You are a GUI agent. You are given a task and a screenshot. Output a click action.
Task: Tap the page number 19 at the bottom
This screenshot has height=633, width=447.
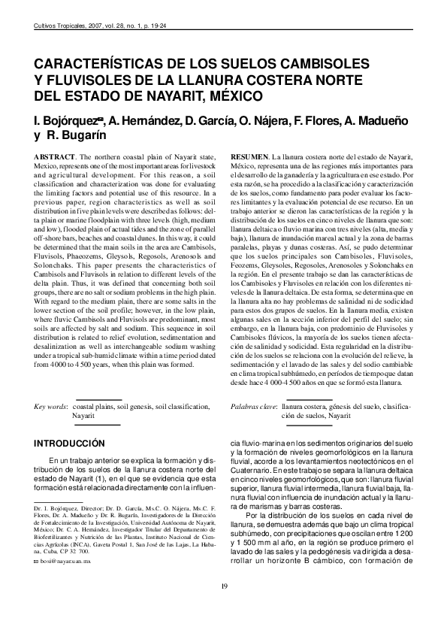223,586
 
